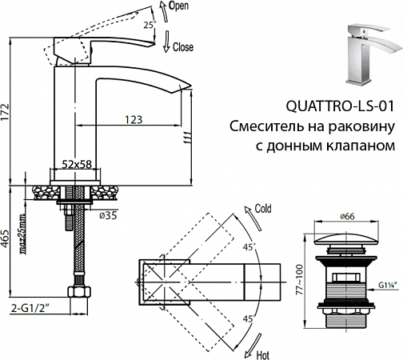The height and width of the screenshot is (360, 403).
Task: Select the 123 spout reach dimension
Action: point(134,119)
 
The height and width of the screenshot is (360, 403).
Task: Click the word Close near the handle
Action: point(183,48)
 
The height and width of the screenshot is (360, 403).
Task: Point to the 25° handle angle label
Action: point(147,25)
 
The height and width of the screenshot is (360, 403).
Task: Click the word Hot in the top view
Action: point(261,352)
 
